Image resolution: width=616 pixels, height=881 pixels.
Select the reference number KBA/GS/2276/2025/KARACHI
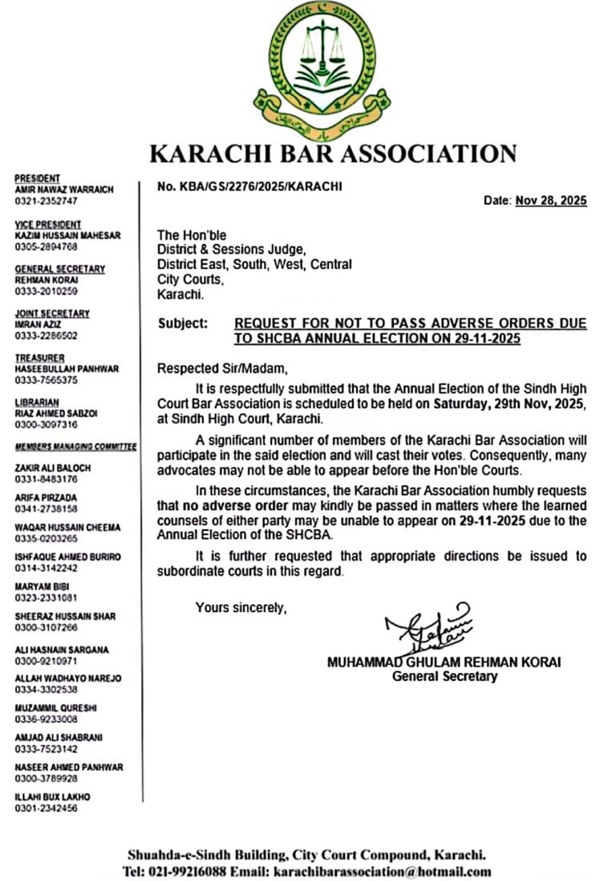coord(249,186)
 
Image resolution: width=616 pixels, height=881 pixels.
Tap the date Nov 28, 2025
coord(550,201)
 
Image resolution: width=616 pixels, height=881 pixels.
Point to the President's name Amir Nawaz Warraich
coord(64,190)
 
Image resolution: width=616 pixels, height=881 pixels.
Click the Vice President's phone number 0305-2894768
coord(47,247)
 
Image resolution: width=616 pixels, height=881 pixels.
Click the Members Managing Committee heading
coord(75,447)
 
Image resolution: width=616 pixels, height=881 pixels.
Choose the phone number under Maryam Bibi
coord(46,598)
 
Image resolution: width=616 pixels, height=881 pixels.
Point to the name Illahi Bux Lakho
coord(52,797)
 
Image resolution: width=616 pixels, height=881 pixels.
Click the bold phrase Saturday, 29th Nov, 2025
coord(509,405)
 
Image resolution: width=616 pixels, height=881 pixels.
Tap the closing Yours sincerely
coord(241,608)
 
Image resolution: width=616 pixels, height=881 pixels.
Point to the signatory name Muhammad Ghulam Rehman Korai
coord(444,663)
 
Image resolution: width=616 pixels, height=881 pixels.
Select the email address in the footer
coord(382,871)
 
